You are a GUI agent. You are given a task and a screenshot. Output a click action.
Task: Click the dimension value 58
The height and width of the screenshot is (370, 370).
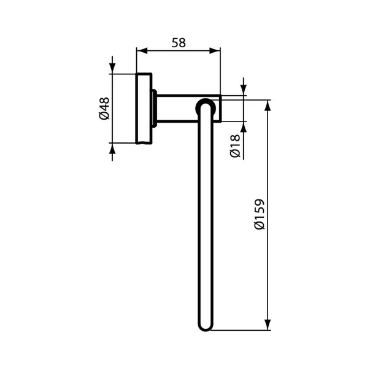click(x=178, y=43)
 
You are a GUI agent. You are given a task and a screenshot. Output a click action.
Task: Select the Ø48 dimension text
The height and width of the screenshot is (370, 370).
click(x=104, y=109)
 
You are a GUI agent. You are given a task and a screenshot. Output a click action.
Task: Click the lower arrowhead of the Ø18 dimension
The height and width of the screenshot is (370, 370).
click(x=244, y=126)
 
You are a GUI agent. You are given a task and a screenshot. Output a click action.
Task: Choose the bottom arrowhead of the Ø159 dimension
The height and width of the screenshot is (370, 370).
click(x=268, y=325)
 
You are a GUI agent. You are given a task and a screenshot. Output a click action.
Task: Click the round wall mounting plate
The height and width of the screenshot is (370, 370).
click(x=144, y=110)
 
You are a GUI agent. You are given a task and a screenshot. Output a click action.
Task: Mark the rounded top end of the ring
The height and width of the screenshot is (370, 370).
click(x=204, y=104)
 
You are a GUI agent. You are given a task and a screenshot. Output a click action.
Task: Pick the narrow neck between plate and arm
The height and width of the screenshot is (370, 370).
click(x=156, y=109)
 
